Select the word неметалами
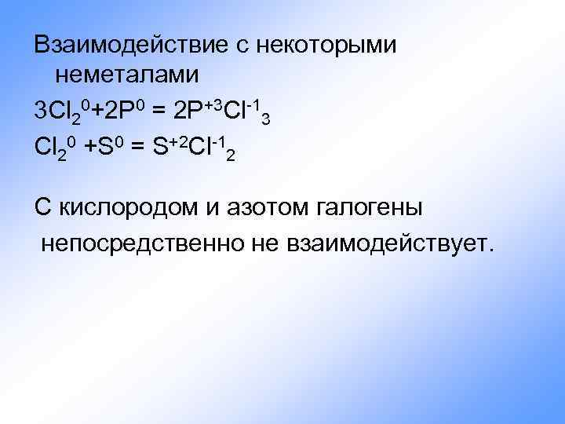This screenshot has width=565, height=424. [x=127, y=75]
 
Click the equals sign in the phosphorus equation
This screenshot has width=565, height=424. [x=158, y=110]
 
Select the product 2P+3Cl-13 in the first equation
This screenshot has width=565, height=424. [x=224, y=110]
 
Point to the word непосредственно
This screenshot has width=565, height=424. [x=142, y=245]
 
